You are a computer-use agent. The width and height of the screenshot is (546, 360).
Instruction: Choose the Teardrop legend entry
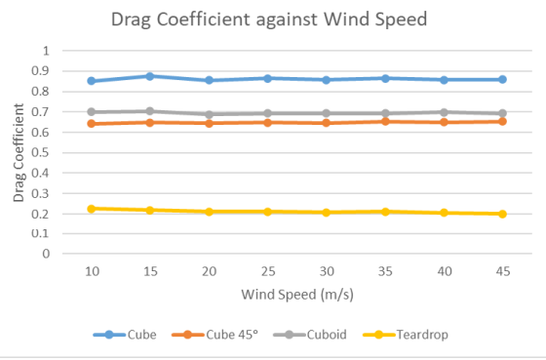pyautogui.click(x=420, y=335)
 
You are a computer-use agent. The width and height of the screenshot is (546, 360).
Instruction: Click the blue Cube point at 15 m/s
pyautogui.click(x=149, y=76)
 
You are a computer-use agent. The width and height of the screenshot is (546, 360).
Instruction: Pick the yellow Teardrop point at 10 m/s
pyautogui.click(x=91, y=209)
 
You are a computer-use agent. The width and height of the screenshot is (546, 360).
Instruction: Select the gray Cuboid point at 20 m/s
pyautogui.click(x=208, y=114)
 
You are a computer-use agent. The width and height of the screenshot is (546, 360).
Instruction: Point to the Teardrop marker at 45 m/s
pyautogui.click(x=502, y=214)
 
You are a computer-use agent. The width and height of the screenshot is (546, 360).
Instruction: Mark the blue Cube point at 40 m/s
pyautogui.click(x=444, y=80)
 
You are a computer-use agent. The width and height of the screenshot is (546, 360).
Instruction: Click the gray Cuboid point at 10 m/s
pyautogui.click(x=91, y=112)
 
